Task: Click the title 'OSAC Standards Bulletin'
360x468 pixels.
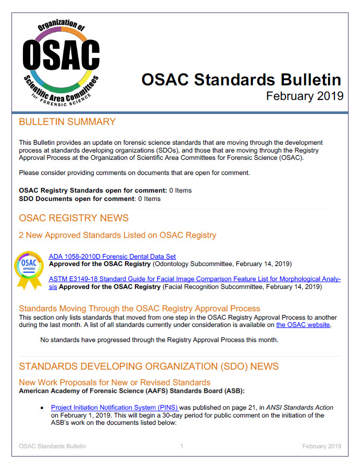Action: [241, 80]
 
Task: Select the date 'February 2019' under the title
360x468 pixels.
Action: [304, 96]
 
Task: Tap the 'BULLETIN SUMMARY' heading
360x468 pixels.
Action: [67, 122]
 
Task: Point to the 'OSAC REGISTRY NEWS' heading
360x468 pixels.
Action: [73, 218]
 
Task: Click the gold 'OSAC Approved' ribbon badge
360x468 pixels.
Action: [29, 269]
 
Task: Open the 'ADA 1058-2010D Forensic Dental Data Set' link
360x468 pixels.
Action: [112, 256]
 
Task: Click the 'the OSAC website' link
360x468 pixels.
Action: [303, 325]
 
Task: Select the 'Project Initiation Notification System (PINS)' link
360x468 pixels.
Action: [115, 407]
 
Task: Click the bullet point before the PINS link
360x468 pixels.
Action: [42, 408]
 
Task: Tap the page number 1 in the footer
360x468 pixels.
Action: [182, 446]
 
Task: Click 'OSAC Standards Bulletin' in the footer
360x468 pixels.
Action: [52, 446]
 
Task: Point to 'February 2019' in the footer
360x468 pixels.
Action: [321, 446]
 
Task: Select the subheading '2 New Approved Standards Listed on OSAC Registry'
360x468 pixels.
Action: [117, 235]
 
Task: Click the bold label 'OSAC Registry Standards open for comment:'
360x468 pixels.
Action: [93, 191]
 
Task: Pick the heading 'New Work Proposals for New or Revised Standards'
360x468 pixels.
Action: [115, 382]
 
